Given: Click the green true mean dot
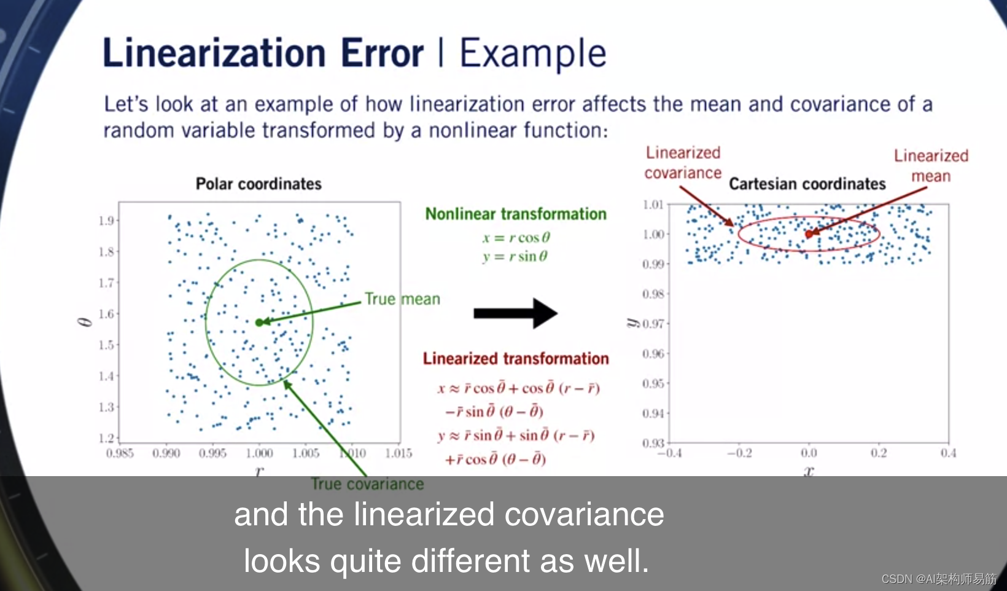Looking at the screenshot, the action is click(x=259, y=323).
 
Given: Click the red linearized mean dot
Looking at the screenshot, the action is click(x=809, y=234).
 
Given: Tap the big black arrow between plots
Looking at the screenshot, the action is click(x=516, y=313).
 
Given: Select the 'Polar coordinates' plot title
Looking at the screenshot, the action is click(x=259, y=184).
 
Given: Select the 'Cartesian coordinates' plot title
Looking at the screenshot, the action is click(x=807, y=184).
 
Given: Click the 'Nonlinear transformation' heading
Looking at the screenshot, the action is click(x=516, y=214).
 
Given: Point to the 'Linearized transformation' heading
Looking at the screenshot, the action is click(x=516, y=358).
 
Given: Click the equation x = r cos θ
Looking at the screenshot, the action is click(x=516, y=237).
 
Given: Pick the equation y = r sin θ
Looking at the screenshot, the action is click(x=515, y=256).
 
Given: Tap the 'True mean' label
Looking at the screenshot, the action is click(x=402, y=299).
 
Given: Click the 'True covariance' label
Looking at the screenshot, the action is click(x=367, y=484).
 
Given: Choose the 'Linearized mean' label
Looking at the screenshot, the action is click(x=931, y=165).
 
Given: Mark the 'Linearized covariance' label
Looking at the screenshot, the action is click(x=683, y=162).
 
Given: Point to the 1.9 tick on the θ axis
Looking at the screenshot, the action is click(x=107, y=221).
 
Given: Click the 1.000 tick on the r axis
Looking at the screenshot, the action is click(x=259, y=453).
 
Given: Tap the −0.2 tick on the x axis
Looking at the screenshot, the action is click(x=739, y=453).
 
